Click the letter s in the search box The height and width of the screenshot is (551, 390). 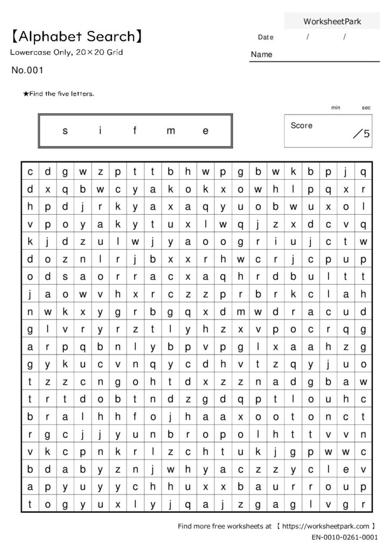point(65,131)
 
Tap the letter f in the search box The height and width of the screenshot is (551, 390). point(135,131)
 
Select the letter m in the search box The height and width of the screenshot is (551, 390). point(171,131)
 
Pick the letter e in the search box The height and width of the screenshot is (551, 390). point(205,131)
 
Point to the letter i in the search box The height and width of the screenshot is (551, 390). point(101,131)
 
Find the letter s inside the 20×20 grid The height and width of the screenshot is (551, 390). point(65,277)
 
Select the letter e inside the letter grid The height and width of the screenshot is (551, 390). point(346,468)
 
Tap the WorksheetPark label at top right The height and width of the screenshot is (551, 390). point(332,22)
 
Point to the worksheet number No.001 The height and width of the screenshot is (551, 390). point(27,70)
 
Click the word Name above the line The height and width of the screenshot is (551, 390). point(262,54)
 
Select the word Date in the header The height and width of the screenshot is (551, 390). point(266,37)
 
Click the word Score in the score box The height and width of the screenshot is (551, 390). point(302,125)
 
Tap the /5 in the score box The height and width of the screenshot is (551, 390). point(361,134)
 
